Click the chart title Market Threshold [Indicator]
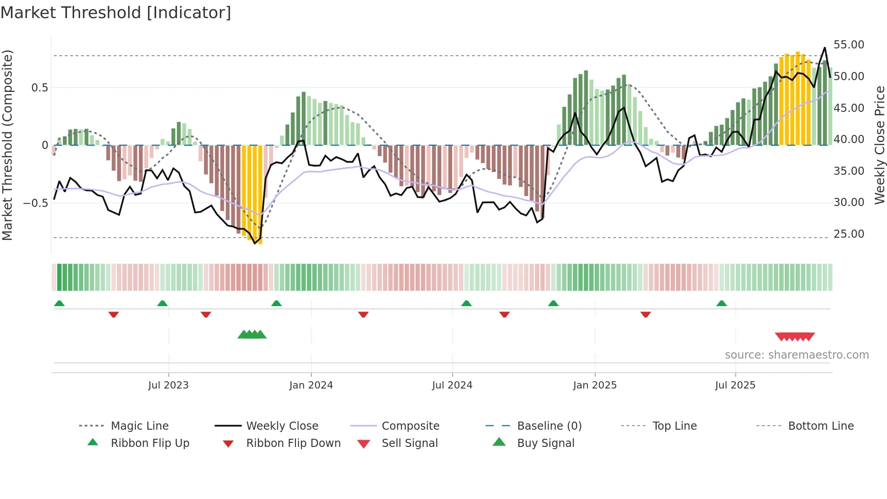pos(116,13)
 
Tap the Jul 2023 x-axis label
pos(168,385)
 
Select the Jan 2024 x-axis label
pos(311,385)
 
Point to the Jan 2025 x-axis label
pos(595,385)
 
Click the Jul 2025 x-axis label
pos(735,385)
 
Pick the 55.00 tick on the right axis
pos(849,45)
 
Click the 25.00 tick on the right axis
pos(849,234)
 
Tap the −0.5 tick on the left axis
pos(36,203)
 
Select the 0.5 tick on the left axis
pos(39,88)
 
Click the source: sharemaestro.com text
pos(796,355)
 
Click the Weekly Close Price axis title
pos(879,145)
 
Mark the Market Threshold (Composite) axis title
pos(7,145)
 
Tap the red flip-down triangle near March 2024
pos(363,314)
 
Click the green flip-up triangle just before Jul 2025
pos(721,303)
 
